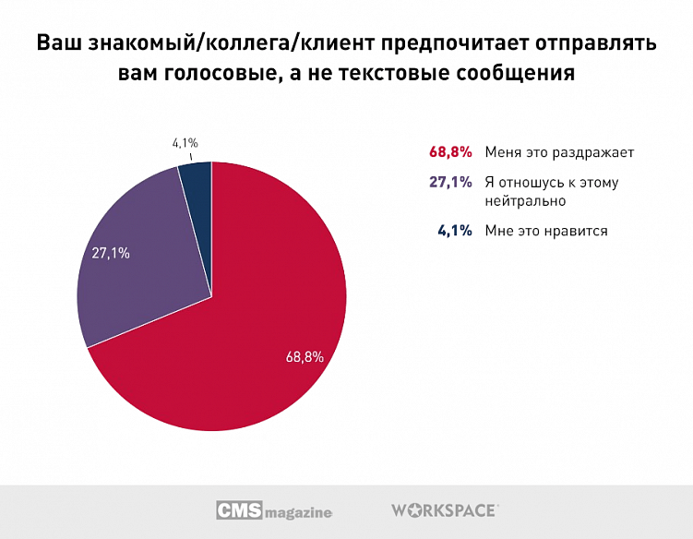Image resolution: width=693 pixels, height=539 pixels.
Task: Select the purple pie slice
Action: (148, 268)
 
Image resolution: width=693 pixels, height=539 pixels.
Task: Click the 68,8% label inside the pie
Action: (305, 356)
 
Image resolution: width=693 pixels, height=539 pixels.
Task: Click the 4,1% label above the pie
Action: (185, 143)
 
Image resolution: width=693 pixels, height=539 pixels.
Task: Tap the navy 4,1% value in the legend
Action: (454, 231)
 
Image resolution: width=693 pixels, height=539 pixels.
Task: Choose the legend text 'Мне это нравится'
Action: (546, 231)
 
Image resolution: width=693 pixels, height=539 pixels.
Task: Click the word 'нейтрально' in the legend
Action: (524, 199)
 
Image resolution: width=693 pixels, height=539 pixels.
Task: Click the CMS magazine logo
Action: (274, 510)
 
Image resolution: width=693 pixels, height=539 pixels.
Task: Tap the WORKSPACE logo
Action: (445, 509)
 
